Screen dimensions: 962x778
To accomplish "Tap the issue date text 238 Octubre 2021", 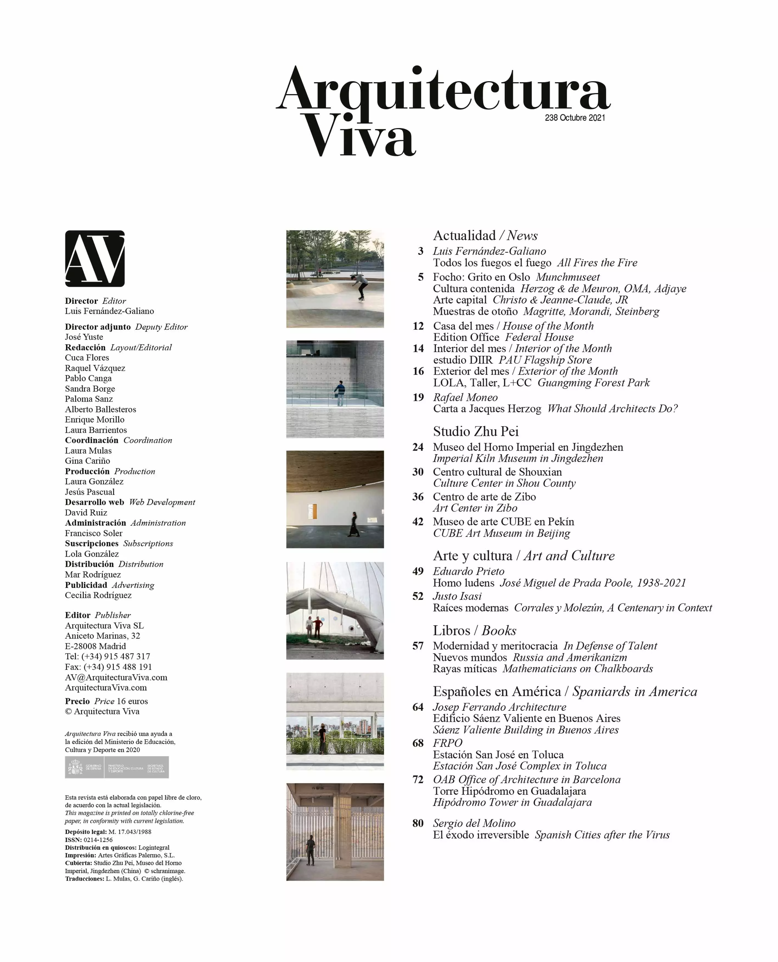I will tap(575, 118).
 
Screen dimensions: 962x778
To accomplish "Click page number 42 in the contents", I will tap(418, 522).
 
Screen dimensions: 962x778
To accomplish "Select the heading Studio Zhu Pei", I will tap(476, 431).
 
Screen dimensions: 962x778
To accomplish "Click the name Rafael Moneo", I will tap(465, 397).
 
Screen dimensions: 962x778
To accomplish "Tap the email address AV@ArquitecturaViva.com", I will tap(116, 677).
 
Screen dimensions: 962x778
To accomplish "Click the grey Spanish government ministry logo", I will tap(117, 768).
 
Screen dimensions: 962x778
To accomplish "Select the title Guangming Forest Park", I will tap(593, 383).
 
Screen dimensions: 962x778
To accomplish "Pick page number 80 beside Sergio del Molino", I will tap(418, 823).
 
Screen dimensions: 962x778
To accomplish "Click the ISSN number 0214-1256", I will tap(98, 840).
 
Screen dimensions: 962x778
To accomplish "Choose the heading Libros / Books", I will tap(474, 630).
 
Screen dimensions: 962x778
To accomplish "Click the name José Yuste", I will tap(84, 337).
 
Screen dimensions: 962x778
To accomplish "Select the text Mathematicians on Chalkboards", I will tap(578, 669).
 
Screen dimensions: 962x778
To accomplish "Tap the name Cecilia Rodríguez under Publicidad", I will tap(98, 595).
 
